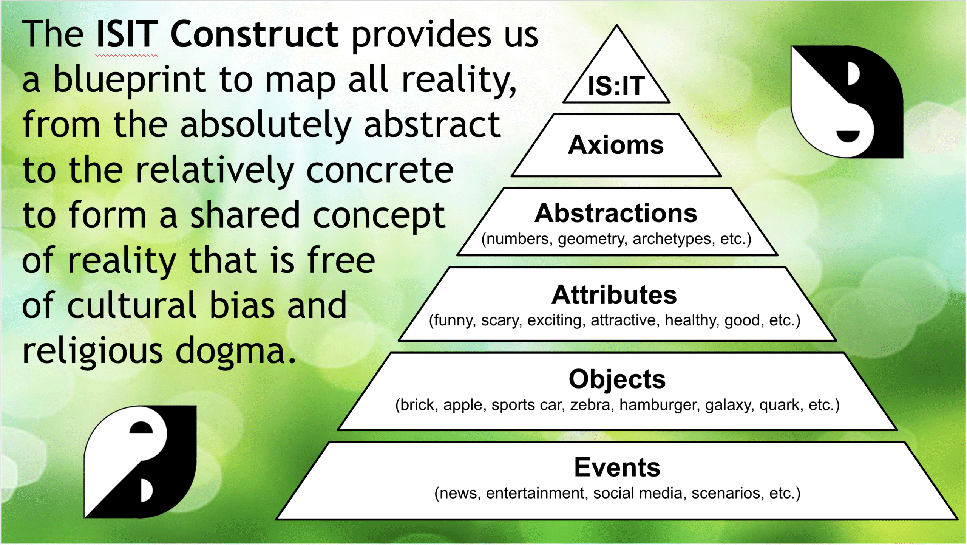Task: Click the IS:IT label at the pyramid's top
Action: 616,86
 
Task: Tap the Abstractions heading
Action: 616,213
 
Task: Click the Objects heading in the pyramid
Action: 617,379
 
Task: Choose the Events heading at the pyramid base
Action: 617,468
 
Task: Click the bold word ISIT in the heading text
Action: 127,35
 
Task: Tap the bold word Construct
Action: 254,35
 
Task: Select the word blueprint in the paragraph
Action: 129,80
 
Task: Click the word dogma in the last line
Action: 230,351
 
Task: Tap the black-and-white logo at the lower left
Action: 140,462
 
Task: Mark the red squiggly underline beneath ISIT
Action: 127,56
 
